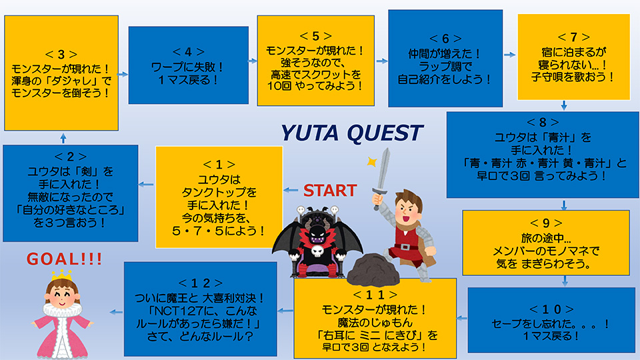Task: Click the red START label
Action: (330, 191)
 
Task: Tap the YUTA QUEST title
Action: (352, 133)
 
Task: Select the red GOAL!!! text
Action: (64, 259)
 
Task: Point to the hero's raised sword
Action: (381, 175)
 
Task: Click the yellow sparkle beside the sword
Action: (371, 161)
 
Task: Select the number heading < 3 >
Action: (61, 54)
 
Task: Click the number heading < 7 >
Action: (573, 37)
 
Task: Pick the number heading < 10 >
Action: (551, 309)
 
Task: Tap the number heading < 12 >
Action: (201, 283)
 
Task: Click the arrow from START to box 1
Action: (291, 190)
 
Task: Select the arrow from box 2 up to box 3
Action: (63, 138)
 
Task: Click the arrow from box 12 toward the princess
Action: (116, 312)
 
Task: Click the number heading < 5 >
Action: (315, 36)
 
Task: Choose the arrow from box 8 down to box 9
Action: (564, 205)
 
